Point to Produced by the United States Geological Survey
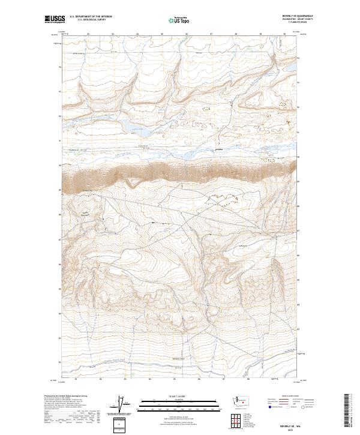click(61, 396)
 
